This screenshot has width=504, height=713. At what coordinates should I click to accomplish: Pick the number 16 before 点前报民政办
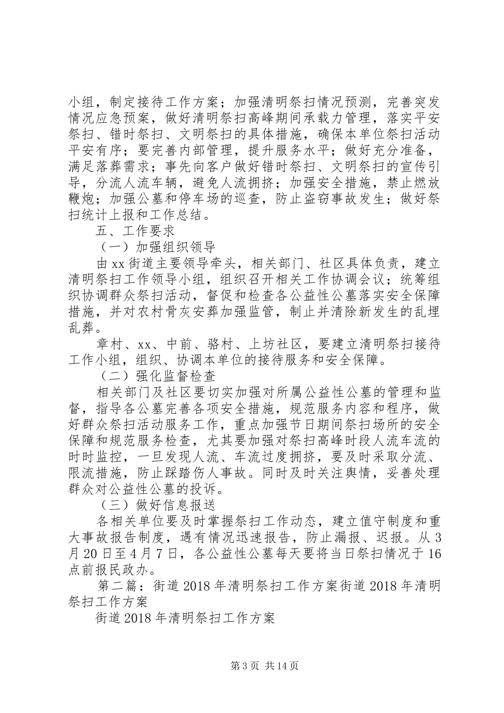[433, 553]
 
